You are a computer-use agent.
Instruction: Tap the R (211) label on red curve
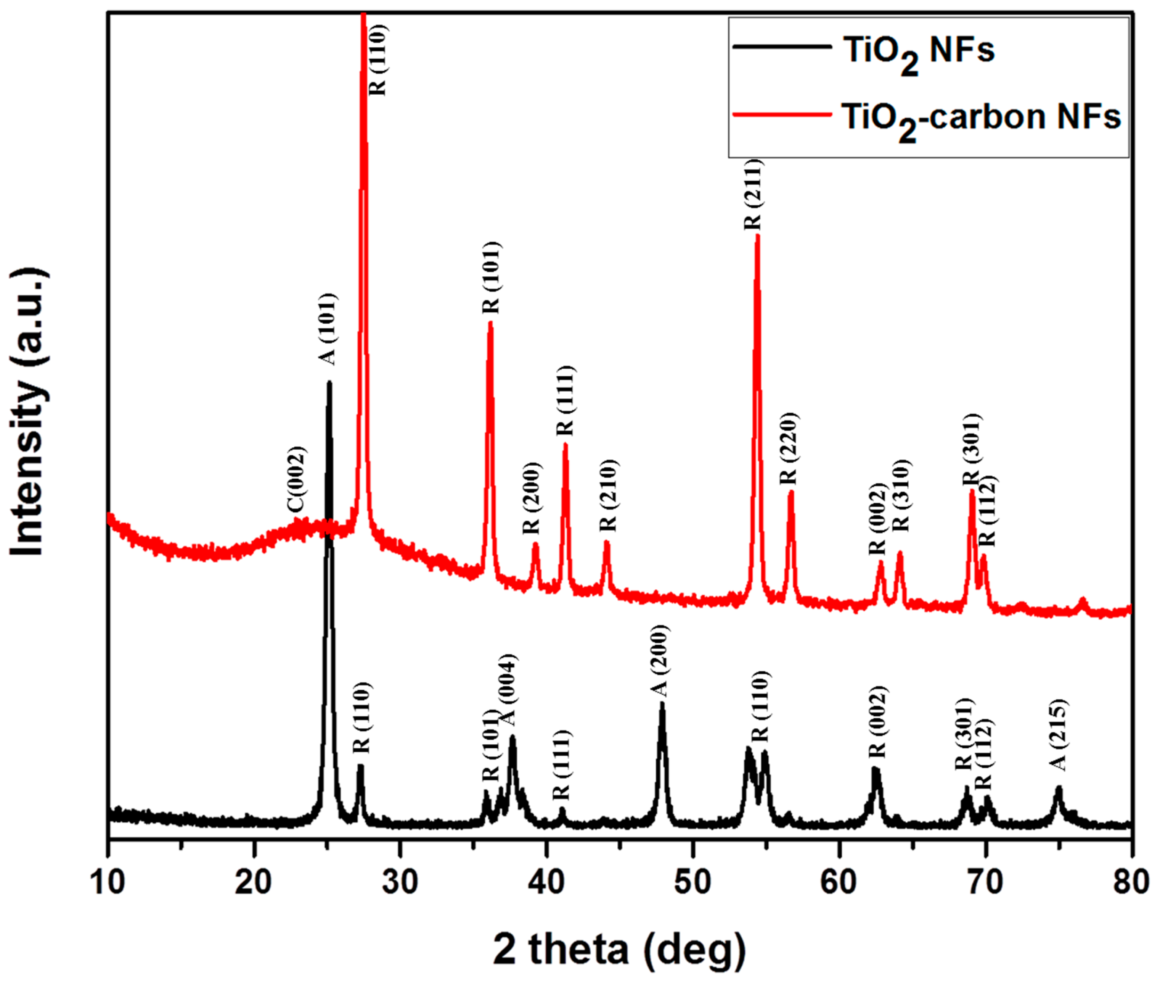pyautogui.click(x=752, y=194)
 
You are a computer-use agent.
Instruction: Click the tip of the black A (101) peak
pyautogui.click(x=329, y=383)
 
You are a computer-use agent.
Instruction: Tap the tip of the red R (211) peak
pyautogui.click(x=757, y=236)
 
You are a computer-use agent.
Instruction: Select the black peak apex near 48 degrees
pyautogui.click(x=662, y=704)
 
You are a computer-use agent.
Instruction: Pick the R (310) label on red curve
pyautogui.click(x=901, y=496)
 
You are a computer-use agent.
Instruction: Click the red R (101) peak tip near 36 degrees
pyautogui.click(x=491, y=323)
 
